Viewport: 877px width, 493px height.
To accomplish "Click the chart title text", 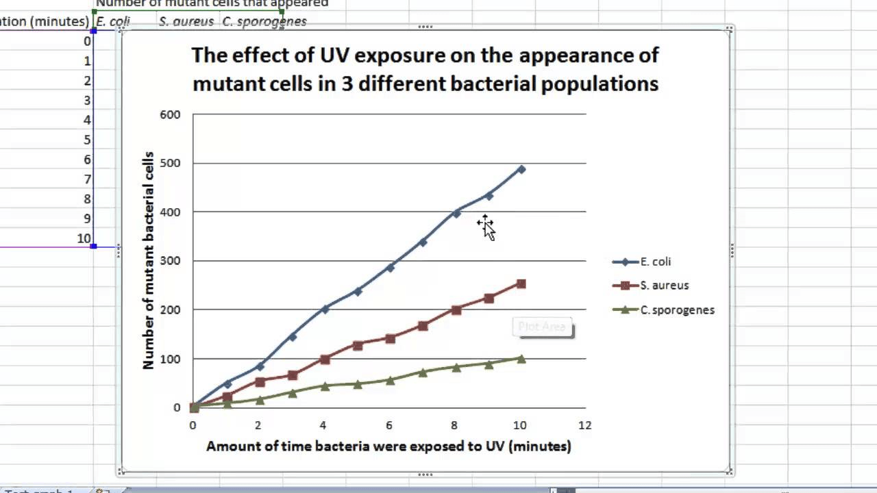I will click(425, 69).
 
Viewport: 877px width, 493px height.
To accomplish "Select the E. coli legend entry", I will click(655, 262).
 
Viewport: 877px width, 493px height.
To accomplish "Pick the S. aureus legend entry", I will click(664, 286).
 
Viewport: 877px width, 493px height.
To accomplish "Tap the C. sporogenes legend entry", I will click(677, 309).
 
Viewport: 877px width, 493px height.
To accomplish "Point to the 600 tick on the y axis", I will click(170, 114).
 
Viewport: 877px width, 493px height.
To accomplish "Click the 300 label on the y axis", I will click(170, 261).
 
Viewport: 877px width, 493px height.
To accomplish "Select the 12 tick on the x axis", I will click(584, 425).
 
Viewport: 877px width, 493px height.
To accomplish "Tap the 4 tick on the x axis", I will click(323, 425).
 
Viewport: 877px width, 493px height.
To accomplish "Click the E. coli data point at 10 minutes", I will click(521, 169).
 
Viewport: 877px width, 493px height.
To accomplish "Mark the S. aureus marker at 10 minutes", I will click(521, 283).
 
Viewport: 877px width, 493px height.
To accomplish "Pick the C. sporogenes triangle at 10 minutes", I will click(521, 358).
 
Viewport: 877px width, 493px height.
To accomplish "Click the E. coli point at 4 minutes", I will click(325, 309).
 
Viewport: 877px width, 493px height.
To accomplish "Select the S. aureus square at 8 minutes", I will click(456, 309).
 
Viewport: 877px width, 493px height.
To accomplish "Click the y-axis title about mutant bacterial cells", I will click(149, 261).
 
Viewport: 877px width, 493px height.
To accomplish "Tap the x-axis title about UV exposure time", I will click(388, 446).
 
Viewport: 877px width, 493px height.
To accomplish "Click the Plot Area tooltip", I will click(543, 327).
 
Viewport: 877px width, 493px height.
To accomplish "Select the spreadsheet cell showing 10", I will click(84, 238).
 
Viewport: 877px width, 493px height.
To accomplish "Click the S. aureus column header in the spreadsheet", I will click(186, 21).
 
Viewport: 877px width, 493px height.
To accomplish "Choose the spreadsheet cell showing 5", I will click(87, 140).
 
